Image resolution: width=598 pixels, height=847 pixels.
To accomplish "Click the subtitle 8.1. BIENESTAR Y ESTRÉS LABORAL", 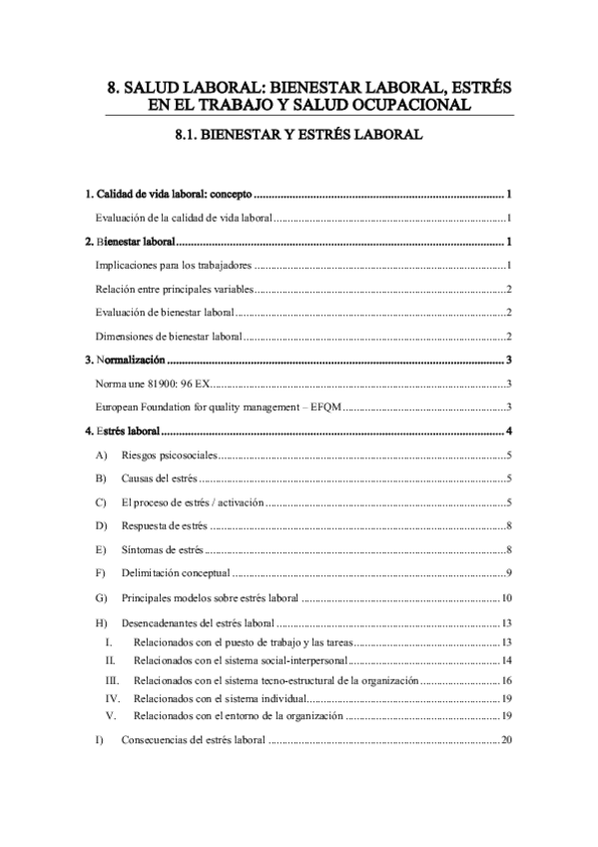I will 299,132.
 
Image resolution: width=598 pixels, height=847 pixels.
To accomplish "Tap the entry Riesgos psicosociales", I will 167,457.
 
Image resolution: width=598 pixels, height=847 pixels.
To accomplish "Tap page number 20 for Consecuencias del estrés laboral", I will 506,740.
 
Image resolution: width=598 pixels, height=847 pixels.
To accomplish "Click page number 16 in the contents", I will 506,679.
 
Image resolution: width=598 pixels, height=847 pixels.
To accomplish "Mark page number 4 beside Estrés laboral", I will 509,431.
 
